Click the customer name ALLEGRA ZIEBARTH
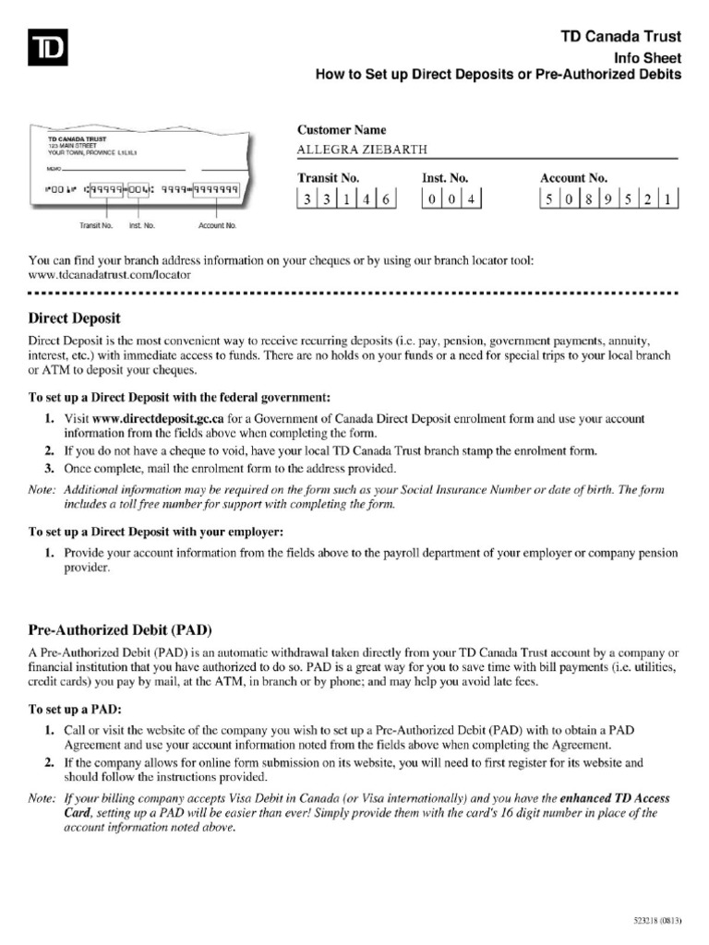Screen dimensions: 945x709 point(350,150)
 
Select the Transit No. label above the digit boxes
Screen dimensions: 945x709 point(328,177)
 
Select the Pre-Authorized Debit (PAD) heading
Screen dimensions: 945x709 point(121,630)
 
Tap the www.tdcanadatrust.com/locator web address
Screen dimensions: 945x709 point(110,274)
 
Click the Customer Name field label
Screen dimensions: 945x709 point(342,130)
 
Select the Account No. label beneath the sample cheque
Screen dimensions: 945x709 point(218,225)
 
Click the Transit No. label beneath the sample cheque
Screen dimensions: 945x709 point(95,225)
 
